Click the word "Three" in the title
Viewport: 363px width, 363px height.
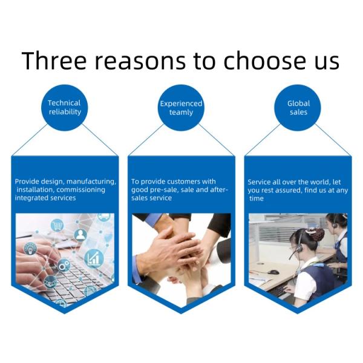54,61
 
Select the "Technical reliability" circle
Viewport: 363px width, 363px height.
65,108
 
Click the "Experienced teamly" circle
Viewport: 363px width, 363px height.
181,108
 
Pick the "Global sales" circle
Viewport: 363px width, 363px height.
298,108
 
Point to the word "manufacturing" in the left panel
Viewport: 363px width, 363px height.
91,181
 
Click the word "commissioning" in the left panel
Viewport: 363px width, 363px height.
81,190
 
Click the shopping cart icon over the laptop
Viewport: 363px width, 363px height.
57,225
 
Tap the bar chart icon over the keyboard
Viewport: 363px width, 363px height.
94,258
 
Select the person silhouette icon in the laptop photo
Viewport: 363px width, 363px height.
80,235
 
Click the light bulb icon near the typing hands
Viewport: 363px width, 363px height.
30,249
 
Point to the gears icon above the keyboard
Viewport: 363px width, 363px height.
64,266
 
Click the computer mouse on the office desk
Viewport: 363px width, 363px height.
274,272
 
